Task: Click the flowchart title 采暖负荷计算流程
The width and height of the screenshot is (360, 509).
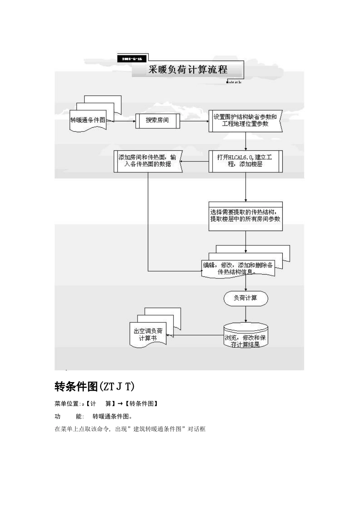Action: click(x=188, y=70)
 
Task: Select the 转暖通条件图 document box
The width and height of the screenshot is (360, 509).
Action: click(x=88, y=120)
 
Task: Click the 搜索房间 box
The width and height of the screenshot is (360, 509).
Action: click(x=157, y=120)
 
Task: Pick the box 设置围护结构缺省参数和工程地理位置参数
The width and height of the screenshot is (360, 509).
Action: click(x=245, y=120)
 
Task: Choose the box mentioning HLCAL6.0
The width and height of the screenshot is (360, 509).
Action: click(x=245, y=161)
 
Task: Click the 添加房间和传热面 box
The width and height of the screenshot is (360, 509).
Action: click(x=148, y=161)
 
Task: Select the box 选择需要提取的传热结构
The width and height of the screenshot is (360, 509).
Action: click(x=245, y=216)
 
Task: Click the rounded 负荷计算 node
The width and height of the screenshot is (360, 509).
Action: click(x=246, y=298)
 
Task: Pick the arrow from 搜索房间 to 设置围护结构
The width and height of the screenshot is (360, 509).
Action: click(x=194, y=121)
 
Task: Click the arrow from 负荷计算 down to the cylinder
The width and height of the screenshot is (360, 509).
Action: click(x=246, y=314)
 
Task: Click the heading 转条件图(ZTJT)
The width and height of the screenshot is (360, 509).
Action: click(x=95, y=387)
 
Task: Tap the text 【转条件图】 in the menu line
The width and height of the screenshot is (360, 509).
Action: click(x=141, y=404)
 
